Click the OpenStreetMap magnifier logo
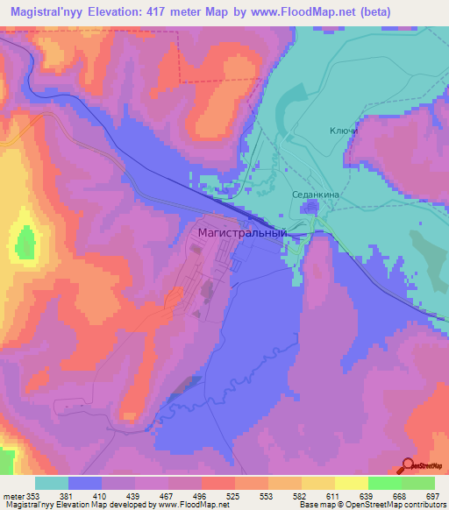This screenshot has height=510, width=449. point(408,466)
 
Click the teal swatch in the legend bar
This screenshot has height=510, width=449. point(52,483)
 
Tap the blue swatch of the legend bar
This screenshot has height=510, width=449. point(85,483)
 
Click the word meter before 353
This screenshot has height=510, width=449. point(11,495)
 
